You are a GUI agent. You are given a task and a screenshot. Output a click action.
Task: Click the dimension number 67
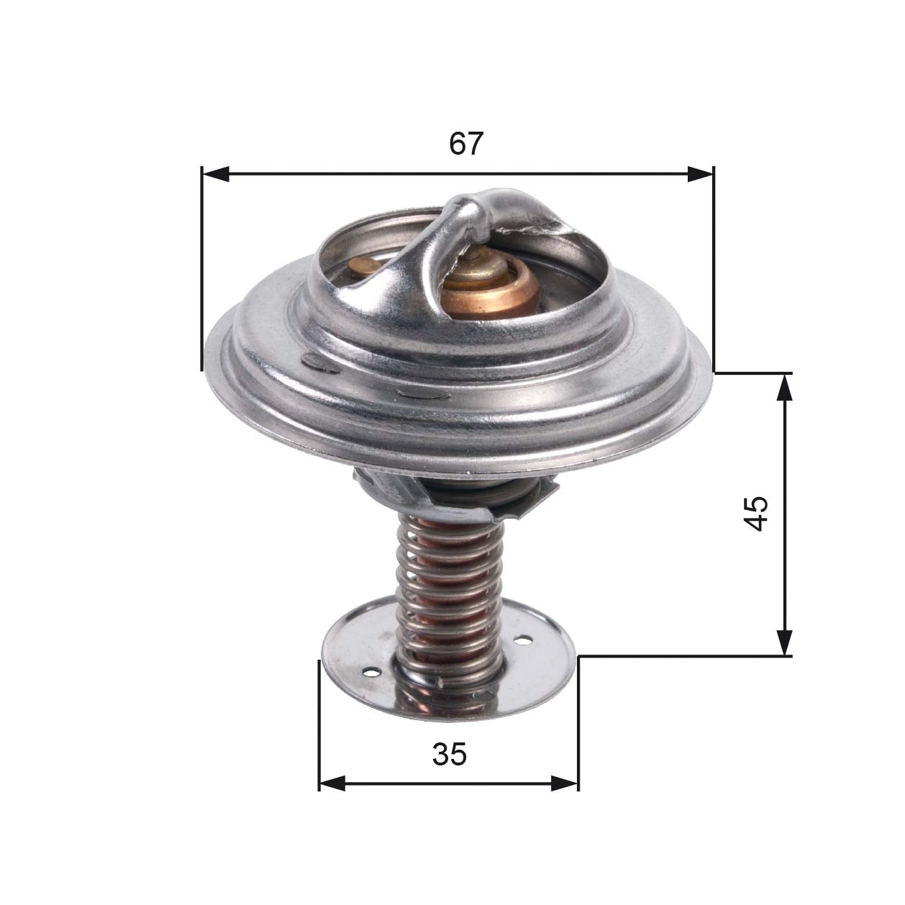coord(465,144)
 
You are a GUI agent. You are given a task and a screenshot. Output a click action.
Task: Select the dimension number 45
coord(756,513)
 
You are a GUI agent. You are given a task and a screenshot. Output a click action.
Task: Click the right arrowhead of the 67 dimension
coord(700,173)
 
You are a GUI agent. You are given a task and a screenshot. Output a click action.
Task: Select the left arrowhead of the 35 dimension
coord(332,783)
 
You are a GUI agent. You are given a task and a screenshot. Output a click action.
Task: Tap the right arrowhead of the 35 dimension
coord(565,783)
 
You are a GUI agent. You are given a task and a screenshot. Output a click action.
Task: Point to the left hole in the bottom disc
coord(371,673)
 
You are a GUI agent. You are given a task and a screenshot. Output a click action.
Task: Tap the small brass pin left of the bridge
coord(363,267)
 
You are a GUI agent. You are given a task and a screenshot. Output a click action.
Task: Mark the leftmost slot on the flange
coord(319,363)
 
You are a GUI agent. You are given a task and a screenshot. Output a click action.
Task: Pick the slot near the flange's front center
coord(422,394)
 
